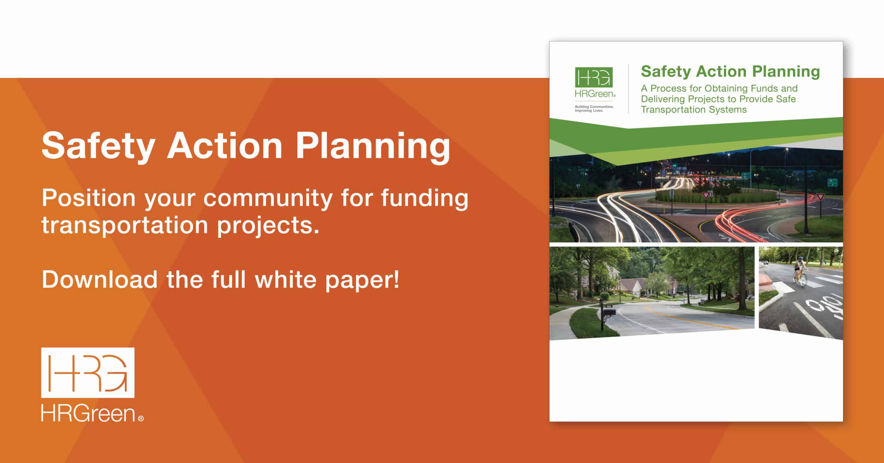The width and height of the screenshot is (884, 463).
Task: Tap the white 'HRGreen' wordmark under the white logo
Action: tap(88, 414)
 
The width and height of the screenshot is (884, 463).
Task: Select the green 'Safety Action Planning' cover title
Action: tap(730, 72)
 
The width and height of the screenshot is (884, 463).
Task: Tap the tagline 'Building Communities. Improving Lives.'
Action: tap(594, 108)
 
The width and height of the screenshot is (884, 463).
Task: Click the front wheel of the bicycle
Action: tap(802, 281)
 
